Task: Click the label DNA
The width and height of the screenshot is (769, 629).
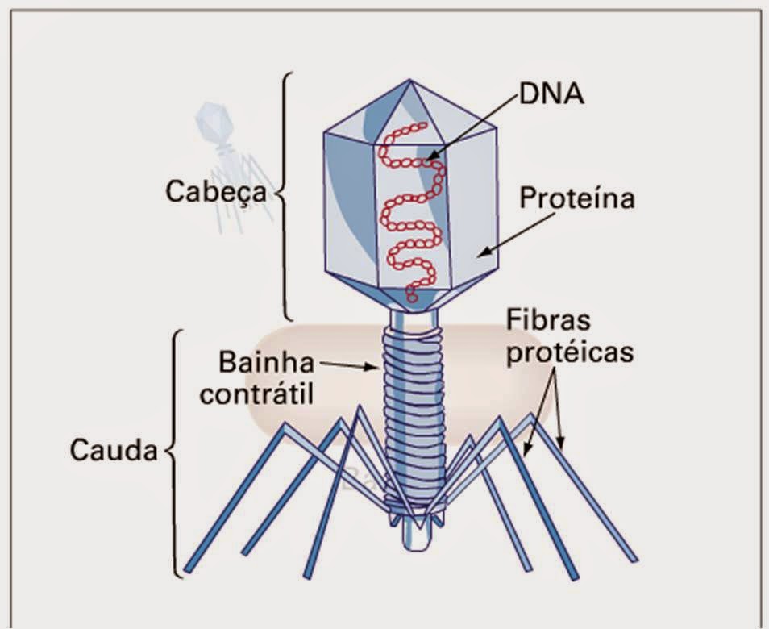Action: pyautogui.click(x=552, y=94)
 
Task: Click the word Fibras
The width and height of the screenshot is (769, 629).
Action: pyautogui.click(x=548, y=320)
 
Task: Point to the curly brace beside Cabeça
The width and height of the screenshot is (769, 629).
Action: pyautogui.click(x=284, y=194)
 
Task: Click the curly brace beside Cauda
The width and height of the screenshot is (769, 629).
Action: pyautogui.click(x=173, y=452)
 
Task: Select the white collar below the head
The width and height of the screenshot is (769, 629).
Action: pyautogui.click(x=412, y=321)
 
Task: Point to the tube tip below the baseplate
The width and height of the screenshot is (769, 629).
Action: pyautogui.click(x=414, y=536)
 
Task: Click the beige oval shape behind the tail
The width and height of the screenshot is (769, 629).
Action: pyautogui.click(x=298, y=379)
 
